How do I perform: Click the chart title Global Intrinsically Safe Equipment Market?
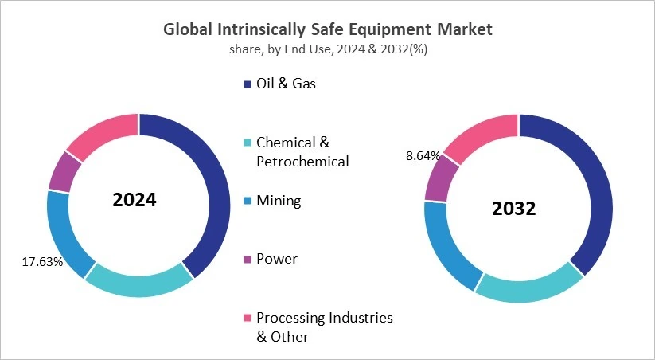tap(327, 29)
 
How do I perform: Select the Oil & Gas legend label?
tap(285, 84)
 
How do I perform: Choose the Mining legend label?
tap(278, 201)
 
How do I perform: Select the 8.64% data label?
tap(423, 156)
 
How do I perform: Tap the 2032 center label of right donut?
tap(513, 209)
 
